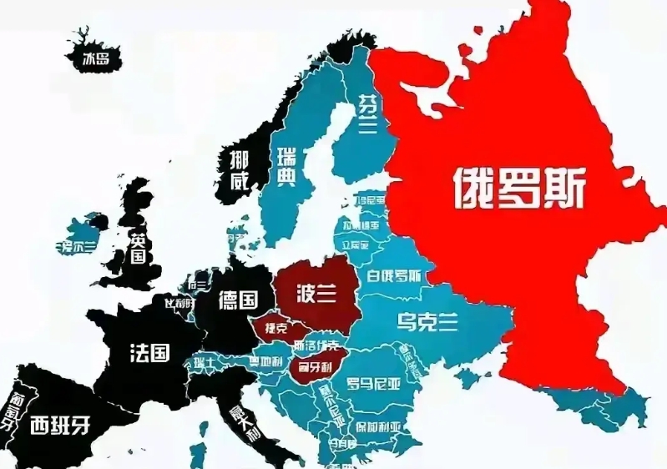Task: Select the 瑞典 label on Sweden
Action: click(285, 167)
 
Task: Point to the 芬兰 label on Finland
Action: click(366, 113)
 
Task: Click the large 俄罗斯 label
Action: click(519, 189)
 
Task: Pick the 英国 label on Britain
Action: click(139, 248)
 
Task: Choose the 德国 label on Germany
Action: click(237, 300)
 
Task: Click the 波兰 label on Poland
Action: click(317, 292)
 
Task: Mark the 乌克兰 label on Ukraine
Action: click(427, 321)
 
